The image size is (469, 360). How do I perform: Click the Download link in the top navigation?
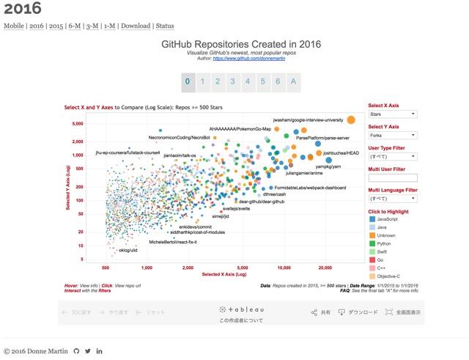point(135,26)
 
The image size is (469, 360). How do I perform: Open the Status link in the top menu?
point(165,26)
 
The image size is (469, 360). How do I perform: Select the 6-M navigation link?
point(75,26)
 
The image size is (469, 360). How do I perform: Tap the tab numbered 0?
point(188,81)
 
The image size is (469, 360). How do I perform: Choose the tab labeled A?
point(293,81)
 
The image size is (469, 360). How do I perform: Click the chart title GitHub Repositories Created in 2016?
point(240,44)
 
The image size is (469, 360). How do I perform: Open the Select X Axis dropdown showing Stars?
point(393,114)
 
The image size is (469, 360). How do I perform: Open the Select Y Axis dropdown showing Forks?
point(393,136)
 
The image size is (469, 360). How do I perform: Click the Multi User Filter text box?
point(393,177)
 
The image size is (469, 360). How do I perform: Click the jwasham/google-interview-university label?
point(308,119)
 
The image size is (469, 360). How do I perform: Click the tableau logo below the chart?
point(241,310)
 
